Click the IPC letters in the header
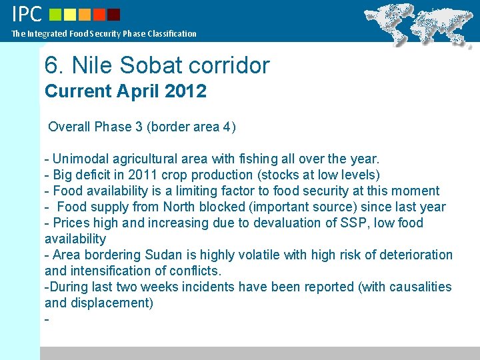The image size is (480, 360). (x=27, y=13)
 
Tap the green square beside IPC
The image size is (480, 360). (x=55, y=15)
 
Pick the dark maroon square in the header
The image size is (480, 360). (x=114, y=15)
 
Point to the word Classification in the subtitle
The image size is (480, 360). (x=172, y=33)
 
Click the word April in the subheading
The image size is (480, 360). (x=138, y=91)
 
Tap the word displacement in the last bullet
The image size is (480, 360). (x=110, y=303)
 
